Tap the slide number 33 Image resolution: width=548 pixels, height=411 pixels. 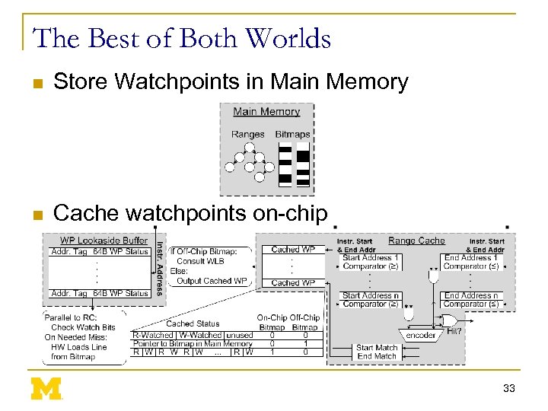pos(509,388)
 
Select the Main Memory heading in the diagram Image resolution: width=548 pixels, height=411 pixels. pos(266,112)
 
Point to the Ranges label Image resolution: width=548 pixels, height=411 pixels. pos(248,135)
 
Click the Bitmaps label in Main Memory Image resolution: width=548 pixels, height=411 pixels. pos(292,135)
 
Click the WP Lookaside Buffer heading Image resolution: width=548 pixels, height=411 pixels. pos(104,241)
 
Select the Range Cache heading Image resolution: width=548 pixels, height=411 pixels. pos(416,241)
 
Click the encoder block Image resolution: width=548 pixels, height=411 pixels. pos(421,334)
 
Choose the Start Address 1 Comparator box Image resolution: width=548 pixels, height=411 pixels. pos(371,262)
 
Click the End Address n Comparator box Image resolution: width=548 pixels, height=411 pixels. pos(471,300)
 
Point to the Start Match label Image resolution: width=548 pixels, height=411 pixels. pos(378,348)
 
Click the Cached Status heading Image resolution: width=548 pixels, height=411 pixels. pos(192,323)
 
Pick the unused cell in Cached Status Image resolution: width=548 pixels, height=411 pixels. pos(240,335)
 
